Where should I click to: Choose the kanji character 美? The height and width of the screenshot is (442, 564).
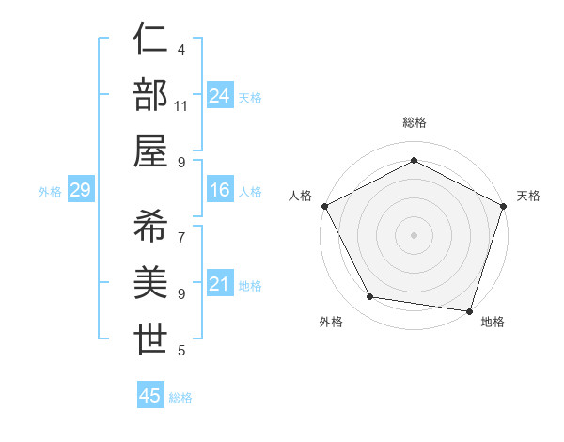(151, 282)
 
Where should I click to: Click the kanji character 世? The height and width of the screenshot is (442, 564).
(151, 338)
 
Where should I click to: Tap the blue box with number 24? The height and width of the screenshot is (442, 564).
(220, 96)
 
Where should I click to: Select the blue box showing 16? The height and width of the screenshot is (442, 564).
(220, 190)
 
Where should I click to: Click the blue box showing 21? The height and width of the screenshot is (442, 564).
(220, 284)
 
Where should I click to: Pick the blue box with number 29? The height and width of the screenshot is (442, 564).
(80, 190)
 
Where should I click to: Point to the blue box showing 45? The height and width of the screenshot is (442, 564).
(150, 396)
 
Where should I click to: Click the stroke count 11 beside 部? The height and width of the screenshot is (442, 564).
(181, 106)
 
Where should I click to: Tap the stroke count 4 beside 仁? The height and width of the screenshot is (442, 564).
(180, 50)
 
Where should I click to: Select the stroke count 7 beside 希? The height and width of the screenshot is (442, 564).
(180, 238)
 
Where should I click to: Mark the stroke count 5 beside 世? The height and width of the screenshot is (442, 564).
(180, 351)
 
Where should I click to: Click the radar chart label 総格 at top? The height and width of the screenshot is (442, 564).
(414, 122)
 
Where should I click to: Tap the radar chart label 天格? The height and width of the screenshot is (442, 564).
(528, 196)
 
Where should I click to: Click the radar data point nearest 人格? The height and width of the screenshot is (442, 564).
(324, 205)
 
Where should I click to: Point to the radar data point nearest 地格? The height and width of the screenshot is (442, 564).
(469, 310)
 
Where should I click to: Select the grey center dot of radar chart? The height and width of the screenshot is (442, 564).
(414, 234)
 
